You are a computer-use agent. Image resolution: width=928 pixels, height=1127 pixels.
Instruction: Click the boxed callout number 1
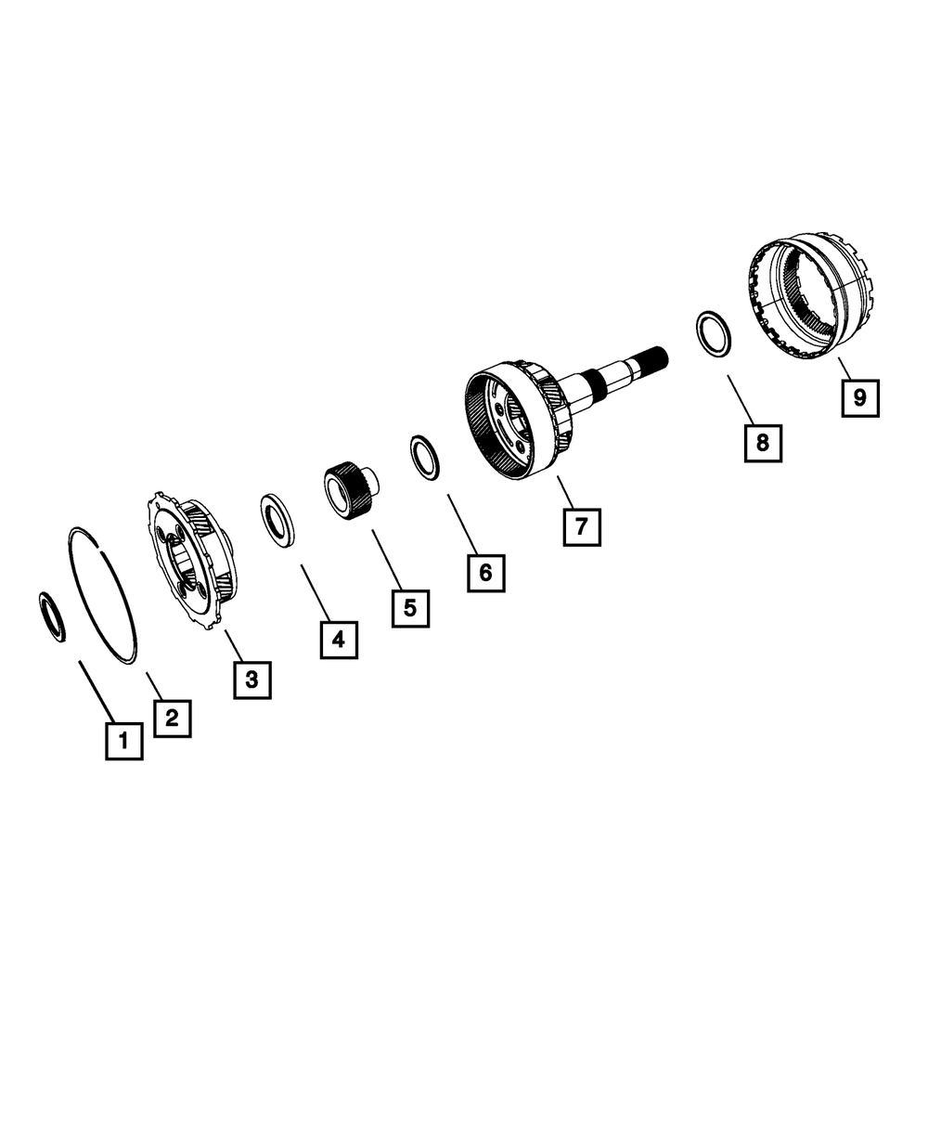pyautogui.click(x=124, y=741)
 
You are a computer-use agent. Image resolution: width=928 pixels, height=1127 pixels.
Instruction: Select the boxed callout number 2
pyautogui.click(x=172, y=719)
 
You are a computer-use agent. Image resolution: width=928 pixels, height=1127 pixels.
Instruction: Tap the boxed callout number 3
pyautogui.click(x=252, y=680)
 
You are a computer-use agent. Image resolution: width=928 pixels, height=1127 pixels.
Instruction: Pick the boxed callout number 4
pyautogui.click(x=339, y=641)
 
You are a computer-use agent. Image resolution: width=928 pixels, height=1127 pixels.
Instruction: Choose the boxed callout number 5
pyautogui.click(x=410, y=609)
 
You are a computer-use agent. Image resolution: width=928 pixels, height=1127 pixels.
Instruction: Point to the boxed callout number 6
pyautogui.click(x=486, y=573)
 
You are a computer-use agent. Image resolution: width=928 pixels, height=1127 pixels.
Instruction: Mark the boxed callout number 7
pyautogui.click(x=582, y=526)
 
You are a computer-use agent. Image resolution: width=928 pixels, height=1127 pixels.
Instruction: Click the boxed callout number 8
pyautogui.click(x=763, y=443)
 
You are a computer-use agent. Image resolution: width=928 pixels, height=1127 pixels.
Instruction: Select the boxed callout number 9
pyautogui.click(x=860, y=398)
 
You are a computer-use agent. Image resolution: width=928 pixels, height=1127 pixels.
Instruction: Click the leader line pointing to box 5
pyautogui.click(x=387, y=559)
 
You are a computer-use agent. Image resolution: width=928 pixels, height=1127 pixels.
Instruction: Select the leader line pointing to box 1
pyautogui.click(x=97, y=692)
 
